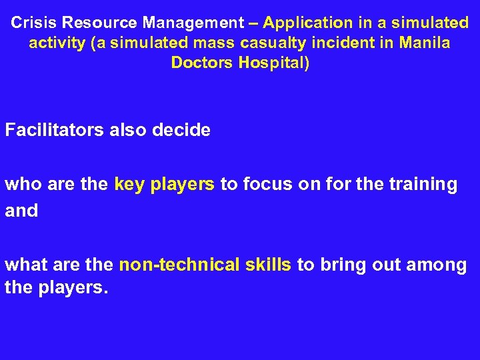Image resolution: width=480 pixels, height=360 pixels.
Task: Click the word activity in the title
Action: pyautogui.click(x=57, y=44)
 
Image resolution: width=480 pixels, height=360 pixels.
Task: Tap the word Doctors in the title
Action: pyautogui.click(x=199, y=64)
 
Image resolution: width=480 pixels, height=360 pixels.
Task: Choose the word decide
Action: pyautogui.click(x=182, y=129)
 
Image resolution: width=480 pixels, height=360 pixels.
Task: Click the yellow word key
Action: pyautogui.click(x=130, y=185)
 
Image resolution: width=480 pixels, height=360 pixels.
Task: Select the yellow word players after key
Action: pyautogui.click(x=182, y=185)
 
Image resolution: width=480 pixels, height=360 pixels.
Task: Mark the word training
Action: pyautogui.click(x=425, y=185)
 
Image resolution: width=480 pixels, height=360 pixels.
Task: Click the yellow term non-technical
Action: pyautogui.click(x=179, y=265)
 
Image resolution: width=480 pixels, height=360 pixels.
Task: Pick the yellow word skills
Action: pyautogui.click(x=269, y=265)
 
